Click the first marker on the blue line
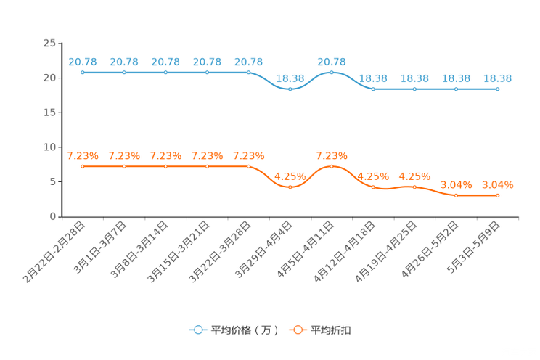click(83, 73)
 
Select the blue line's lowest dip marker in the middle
click(290, 89)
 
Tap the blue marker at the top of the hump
click(332, 73)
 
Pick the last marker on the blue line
click(497, 89)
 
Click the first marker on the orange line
click(83, 166)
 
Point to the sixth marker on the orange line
click(290, 187)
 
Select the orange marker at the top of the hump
click(332, 166)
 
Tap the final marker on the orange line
click(497, 195)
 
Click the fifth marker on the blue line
click(249, 73)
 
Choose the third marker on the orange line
click(166, 166)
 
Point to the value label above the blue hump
click(332, 62)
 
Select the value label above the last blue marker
click(497, 78)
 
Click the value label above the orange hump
click(332, 155)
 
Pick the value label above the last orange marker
click(497, 185)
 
